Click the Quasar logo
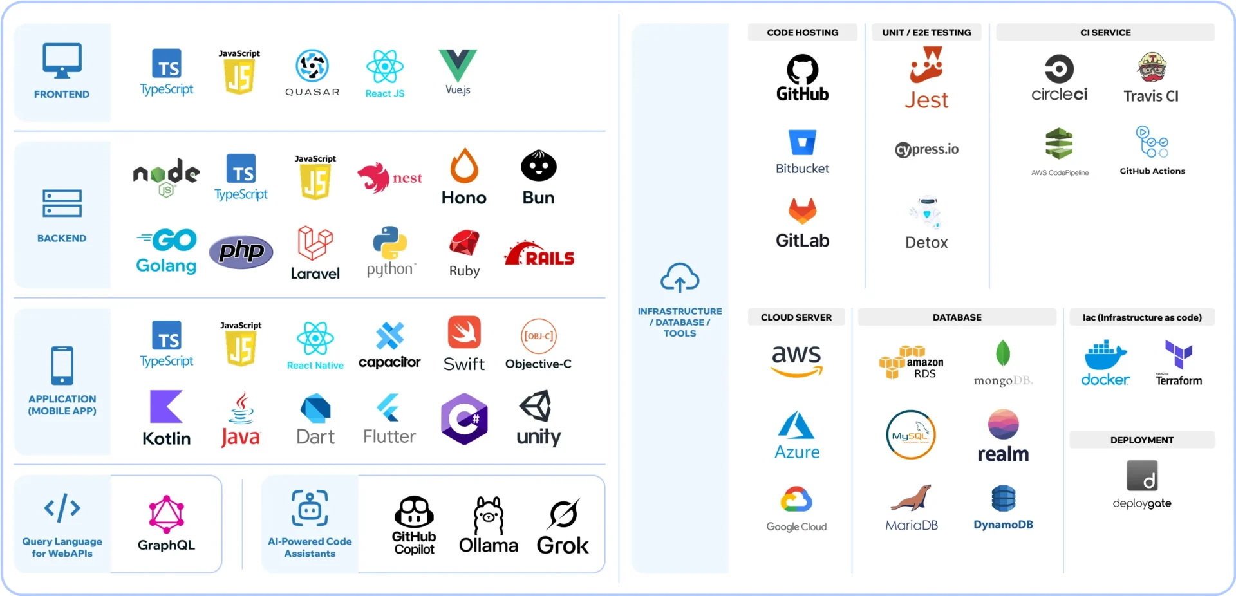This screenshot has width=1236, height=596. pyautogui.click(x=312, y=66)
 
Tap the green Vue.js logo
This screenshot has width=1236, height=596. pyautogui.click(x=458, y=64)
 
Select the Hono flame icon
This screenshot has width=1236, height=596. pyautogui.click(x=464, y=166)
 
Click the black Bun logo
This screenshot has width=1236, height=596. pyautogui.click(x=539, y=166)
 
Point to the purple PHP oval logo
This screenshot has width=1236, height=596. pyautogui.click(x=241, y=252)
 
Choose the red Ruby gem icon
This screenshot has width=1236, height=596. pyautogui.click(x=464, y=243)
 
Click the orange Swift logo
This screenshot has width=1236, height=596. pyautogui.click(x=464, y=332)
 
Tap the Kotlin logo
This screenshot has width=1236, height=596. pyautogui.click(x=166, y=407)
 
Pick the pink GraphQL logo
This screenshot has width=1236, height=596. pyautogui.click(x=167, y=514)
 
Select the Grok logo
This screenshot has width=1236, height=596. pyautogui.click(x=563, y=514)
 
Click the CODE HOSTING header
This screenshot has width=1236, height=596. pyautogui.click(x=802, y=32)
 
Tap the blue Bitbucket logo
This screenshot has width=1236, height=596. pyautogui.click(x=802, y=142)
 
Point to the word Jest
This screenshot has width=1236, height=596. pyautogui.click(x=926, y=100)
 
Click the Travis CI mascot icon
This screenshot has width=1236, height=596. pyautogui.click(x=1152, y=68)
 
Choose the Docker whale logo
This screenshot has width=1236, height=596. pyautogui.click(x=1105, y=355)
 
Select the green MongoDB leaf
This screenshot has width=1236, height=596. pyautogui.click(x=1003, y=353)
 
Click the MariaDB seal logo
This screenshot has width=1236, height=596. pyautogui.click(x=911, y=498)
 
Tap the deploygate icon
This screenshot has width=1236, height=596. pyautogui.click(x=1142, y=476)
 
